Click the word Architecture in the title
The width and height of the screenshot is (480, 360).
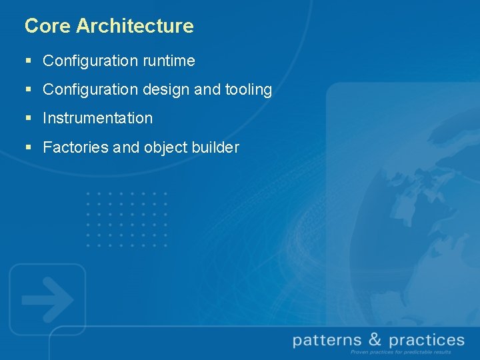click(x=135, y=26)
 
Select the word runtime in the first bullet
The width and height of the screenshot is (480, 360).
click(x=169, y=61)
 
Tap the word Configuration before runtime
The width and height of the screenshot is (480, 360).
click(x=90, y=61)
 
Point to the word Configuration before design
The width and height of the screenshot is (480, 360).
click(x=90, y=89)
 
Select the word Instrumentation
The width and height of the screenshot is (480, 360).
click(x=98, y=118)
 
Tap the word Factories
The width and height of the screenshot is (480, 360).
click(x=76, y=147)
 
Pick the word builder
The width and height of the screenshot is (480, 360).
click(x=215, y=147)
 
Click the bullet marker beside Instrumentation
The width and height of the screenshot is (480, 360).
click(x=28, y=119)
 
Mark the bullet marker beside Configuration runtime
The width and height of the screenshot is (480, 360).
click(x=28, y=61)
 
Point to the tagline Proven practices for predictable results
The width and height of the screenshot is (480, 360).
click(x=400, y=352)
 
